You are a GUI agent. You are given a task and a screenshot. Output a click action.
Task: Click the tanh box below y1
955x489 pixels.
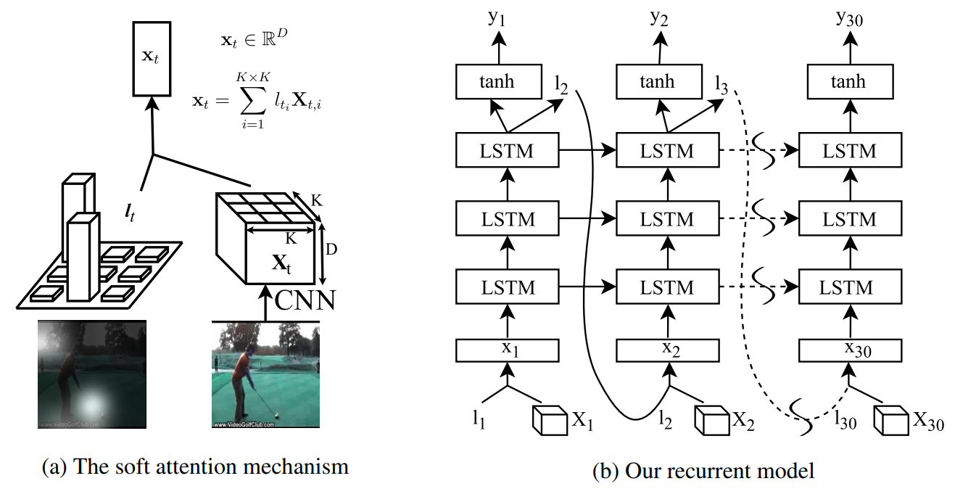(x=498, y=81)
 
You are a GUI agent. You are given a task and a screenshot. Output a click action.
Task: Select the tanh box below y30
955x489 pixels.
(x=849, y=81)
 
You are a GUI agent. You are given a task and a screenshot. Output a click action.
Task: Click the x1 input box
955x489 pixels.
(x=507, y=350)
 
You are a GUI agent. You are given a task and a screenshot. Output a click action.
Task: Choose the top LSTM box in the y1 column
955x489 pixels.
(x=507, y=151)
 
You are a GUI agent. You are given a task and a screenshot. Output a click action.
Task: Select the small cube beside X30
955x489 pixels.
(x=890, y=420)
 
